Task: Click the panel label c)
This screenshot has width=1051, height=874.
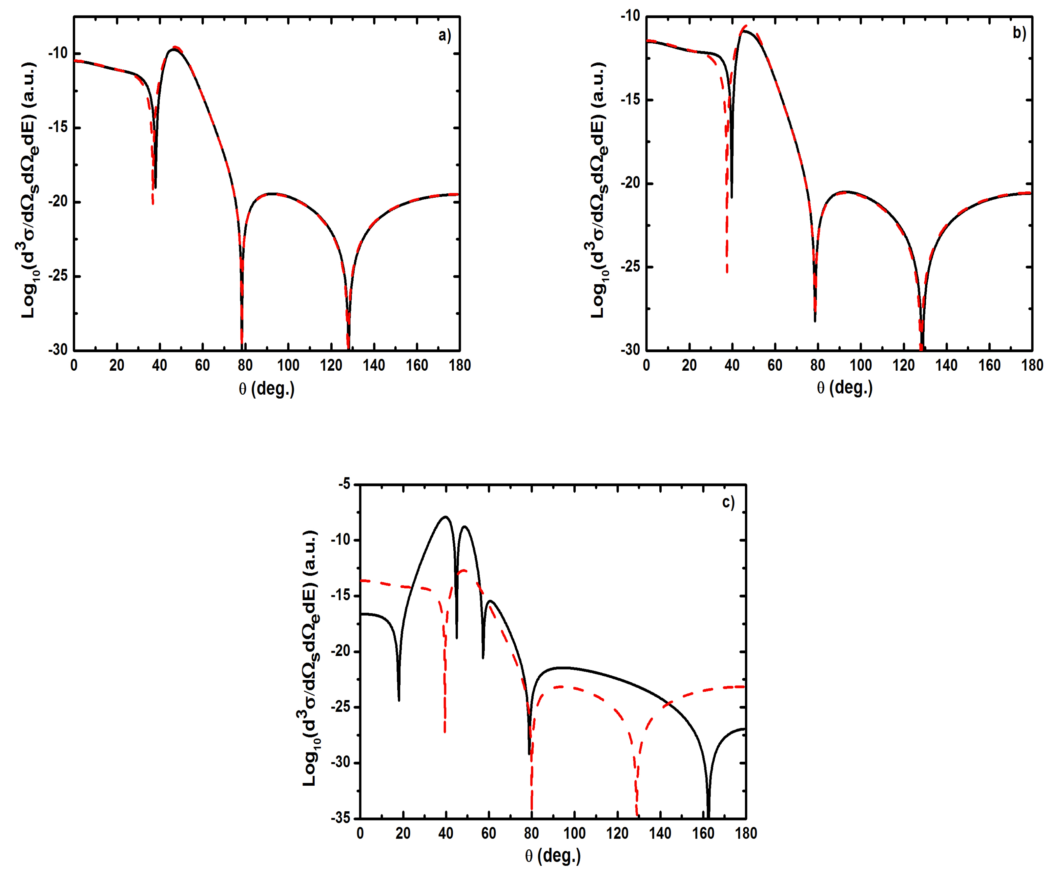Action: (x=728, y=502)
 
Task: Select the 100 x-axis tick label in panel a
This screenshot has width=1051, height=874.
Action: (x=288, y=365)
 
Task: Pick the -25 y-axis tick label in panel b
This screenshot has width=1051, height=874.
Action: (x=630, y=267)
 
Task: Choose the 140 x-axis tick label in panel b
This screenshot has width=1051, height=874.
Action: (x=946, y=365)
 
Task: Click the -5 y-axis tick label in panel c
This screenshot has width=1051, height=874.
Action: (x=345, y=484)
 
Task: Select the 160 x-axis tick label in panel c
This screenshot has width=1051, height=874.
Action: (x=703, y=833)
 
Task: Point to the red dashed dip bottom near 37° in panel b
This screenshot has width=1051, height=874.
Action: (x=727, y=272)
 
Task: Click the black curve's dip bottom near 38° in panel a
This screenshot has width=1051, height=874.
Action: (x=155, y=187)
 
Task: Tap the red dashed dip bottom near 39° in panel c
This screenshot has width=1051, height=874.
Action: (x=444, y=732)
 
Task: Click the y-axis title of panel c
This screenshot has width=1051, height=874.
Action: (x=310, y=658)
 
